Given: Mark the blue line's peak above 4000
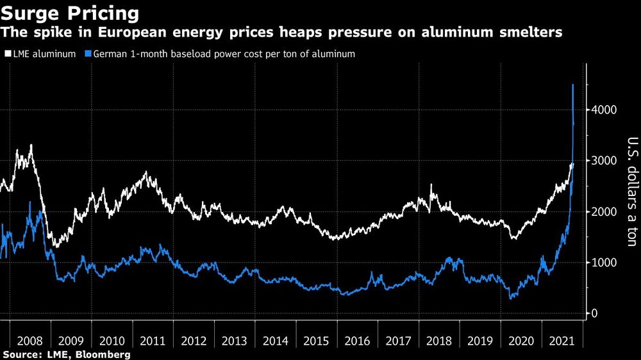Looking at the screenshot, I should [572, 85].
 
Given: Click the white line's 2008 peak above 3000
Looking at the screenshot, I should [31, 145].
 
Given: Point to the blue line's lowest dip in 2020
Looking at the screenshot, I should [511, 299].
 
